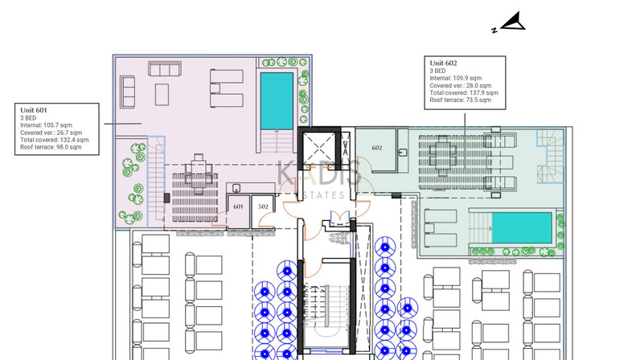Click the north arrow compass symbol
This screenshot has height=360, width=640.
(512, 22)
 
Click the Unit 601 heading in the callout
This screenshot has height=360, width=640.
(34, 110)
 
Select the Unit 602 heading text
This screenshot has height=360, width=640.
(443, 63)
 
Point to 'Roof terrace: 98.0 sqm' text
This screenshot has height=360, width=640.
(51, 147)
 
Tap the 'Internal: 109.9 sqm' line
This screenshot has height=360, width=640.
(456, 78)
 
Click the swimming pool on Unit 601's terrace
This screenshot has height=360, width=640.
(277, 100)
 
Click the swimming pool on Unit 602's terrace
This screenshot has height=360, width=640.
(522, 227)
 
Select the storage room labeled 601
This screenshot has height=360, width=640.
(238, 211)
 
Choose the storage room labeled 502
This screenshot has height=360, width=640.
(263, 211)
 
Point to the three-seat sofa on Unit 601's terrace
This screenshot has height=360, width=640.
(165, 68)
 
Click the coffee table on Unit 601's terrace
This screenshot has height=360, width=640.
(162, 94)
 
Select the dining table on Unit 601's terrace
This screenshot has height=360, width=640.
(199, 174)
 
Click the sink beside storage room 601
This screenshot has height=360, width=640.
(236, 188)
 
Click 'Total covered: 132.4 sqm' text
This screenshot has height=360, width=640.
(55, 140)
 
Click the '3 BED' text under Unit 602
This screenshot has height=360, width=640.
(437, 71)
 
